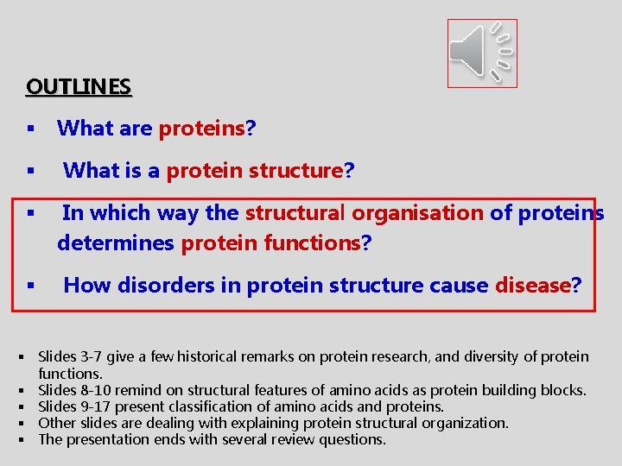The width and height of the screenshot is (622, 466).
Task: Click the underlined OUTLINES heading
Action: (x=79, y=87)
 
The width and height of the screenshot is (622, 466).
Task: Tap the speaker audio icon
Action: (x=481, y=54)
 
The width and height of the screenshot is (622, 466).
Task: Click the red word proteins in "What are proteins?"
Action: (x=201, y=129)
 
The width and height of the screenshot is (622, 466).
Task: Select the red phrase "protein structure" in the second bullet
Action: (x=255, y=171)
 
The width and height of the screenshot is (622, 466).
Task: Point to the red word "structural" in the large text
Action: (x=295, y=212)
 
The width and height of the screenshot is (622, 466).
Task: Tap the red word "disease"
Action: (x=533, y=286)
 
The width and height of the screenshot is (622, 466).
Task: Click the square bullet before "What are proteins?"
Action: (x=30, y=129)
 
